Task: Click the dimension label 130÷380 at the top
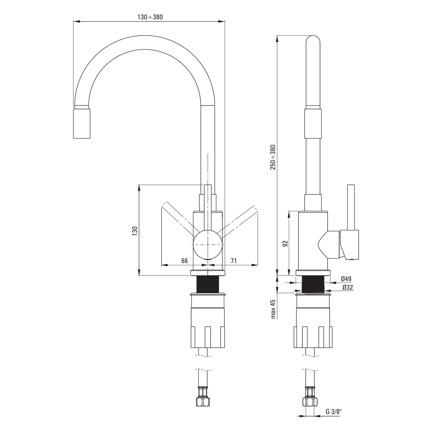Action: click(150, 17)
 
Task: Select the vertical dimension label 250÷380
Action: click(273, 157)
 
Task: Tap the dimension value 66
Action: click(185, 261)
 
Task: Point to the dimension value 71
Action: click(234, 261)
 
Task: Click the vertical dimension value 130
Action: click(135, 231)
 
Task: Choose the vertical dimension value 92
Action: click(285, 243)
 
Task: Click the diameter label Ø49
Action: click(346, 279)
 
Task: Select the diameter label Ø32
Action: click(348, 287)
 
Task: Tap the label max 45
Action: click(273, 309)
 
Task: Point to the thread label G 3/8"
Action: click(334, 411)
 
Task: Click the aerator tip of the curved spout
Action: click(82, 123)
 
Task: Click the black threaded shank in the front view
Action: click(208, 284)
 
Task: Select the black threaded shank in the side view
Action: click(313, 284)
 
